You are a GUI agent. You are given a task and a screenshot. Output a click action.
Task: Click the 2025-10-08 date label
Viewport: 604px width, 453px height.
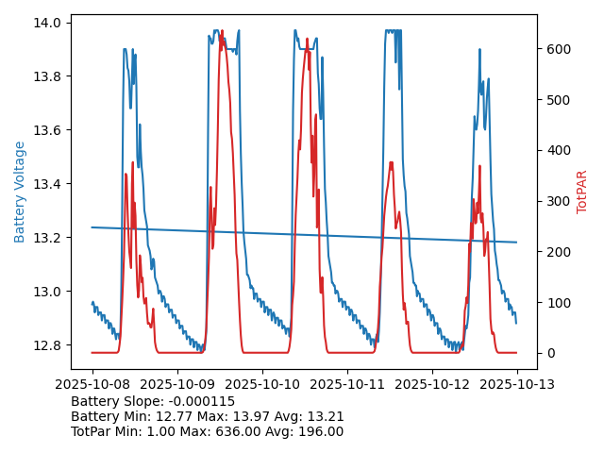pos(92,385)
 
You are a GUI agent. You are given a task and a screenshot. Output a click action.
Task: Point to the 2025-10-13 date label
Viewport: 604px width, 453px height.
pos(517,385)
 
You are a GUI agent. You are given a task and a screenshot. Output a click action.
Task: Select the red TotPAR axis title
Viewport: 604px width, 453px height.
pos(582,192)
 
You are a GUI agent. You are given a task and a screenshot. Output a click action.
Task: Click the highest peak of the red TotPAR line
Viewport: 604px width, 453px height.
pos(222,31)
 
